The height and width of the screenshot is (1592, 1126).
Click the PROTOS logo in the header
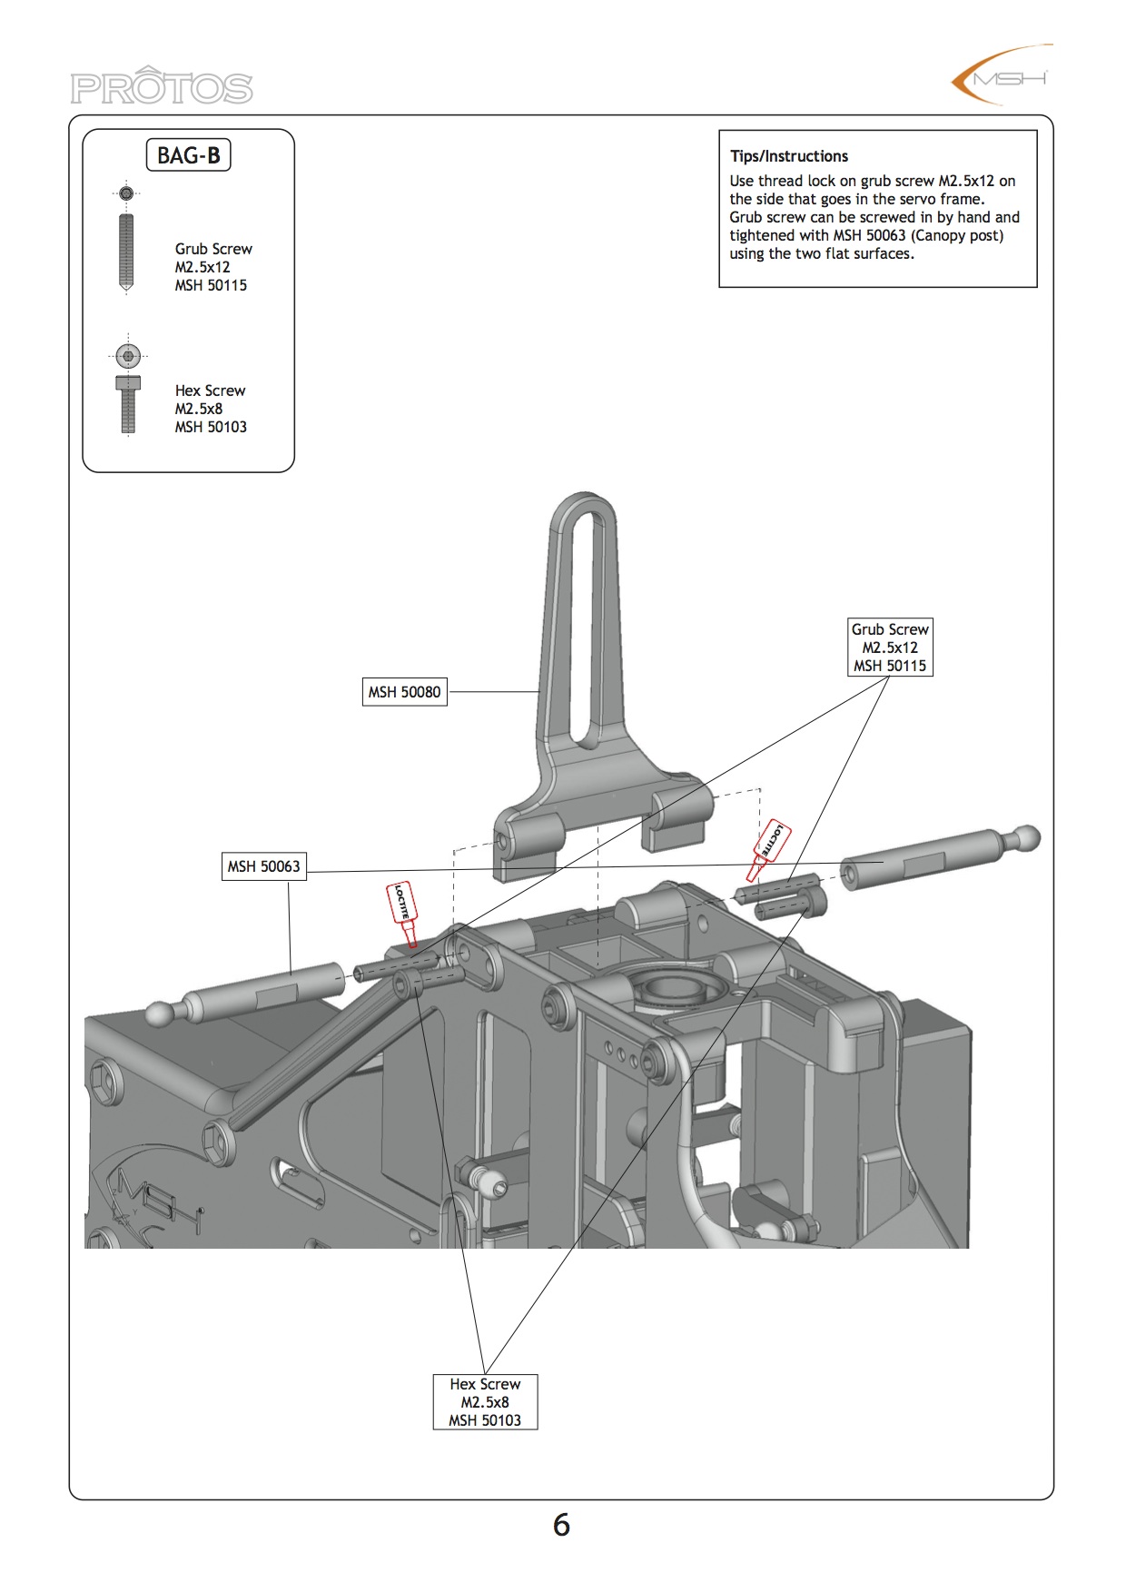(x=162, y=87)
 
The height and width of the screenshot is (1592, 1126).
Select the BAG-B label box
(x=189, y=155)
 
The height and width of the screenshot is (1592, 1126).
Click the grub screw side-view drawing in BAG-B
(x=126, y=252)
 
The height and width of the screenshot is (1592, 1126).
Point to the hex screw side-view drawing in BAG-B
(x=128, y=404)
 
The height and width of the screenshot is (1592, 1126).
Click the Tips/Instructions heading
(x=789, y=156)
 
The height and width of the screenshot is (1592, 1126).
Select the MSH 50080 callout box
(x=404, y=692)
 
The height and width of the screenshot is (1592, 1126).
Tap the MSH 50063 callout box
(x=263, y=866)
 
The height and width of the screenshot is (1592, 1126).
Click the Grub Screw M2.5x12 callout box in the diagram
(x=890, y=648)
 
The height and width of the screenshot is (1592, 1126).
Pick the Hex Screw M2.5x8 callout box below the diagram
(x=485, y=1402)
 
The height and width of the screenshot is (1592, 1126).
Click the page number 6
(x=561, y=1525)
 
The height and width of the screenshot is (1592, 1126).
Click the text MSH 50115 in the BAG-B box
(x=211, y=285)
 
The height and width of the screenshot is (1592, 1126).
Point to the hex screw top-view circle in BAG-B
(x=128, y=356)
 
